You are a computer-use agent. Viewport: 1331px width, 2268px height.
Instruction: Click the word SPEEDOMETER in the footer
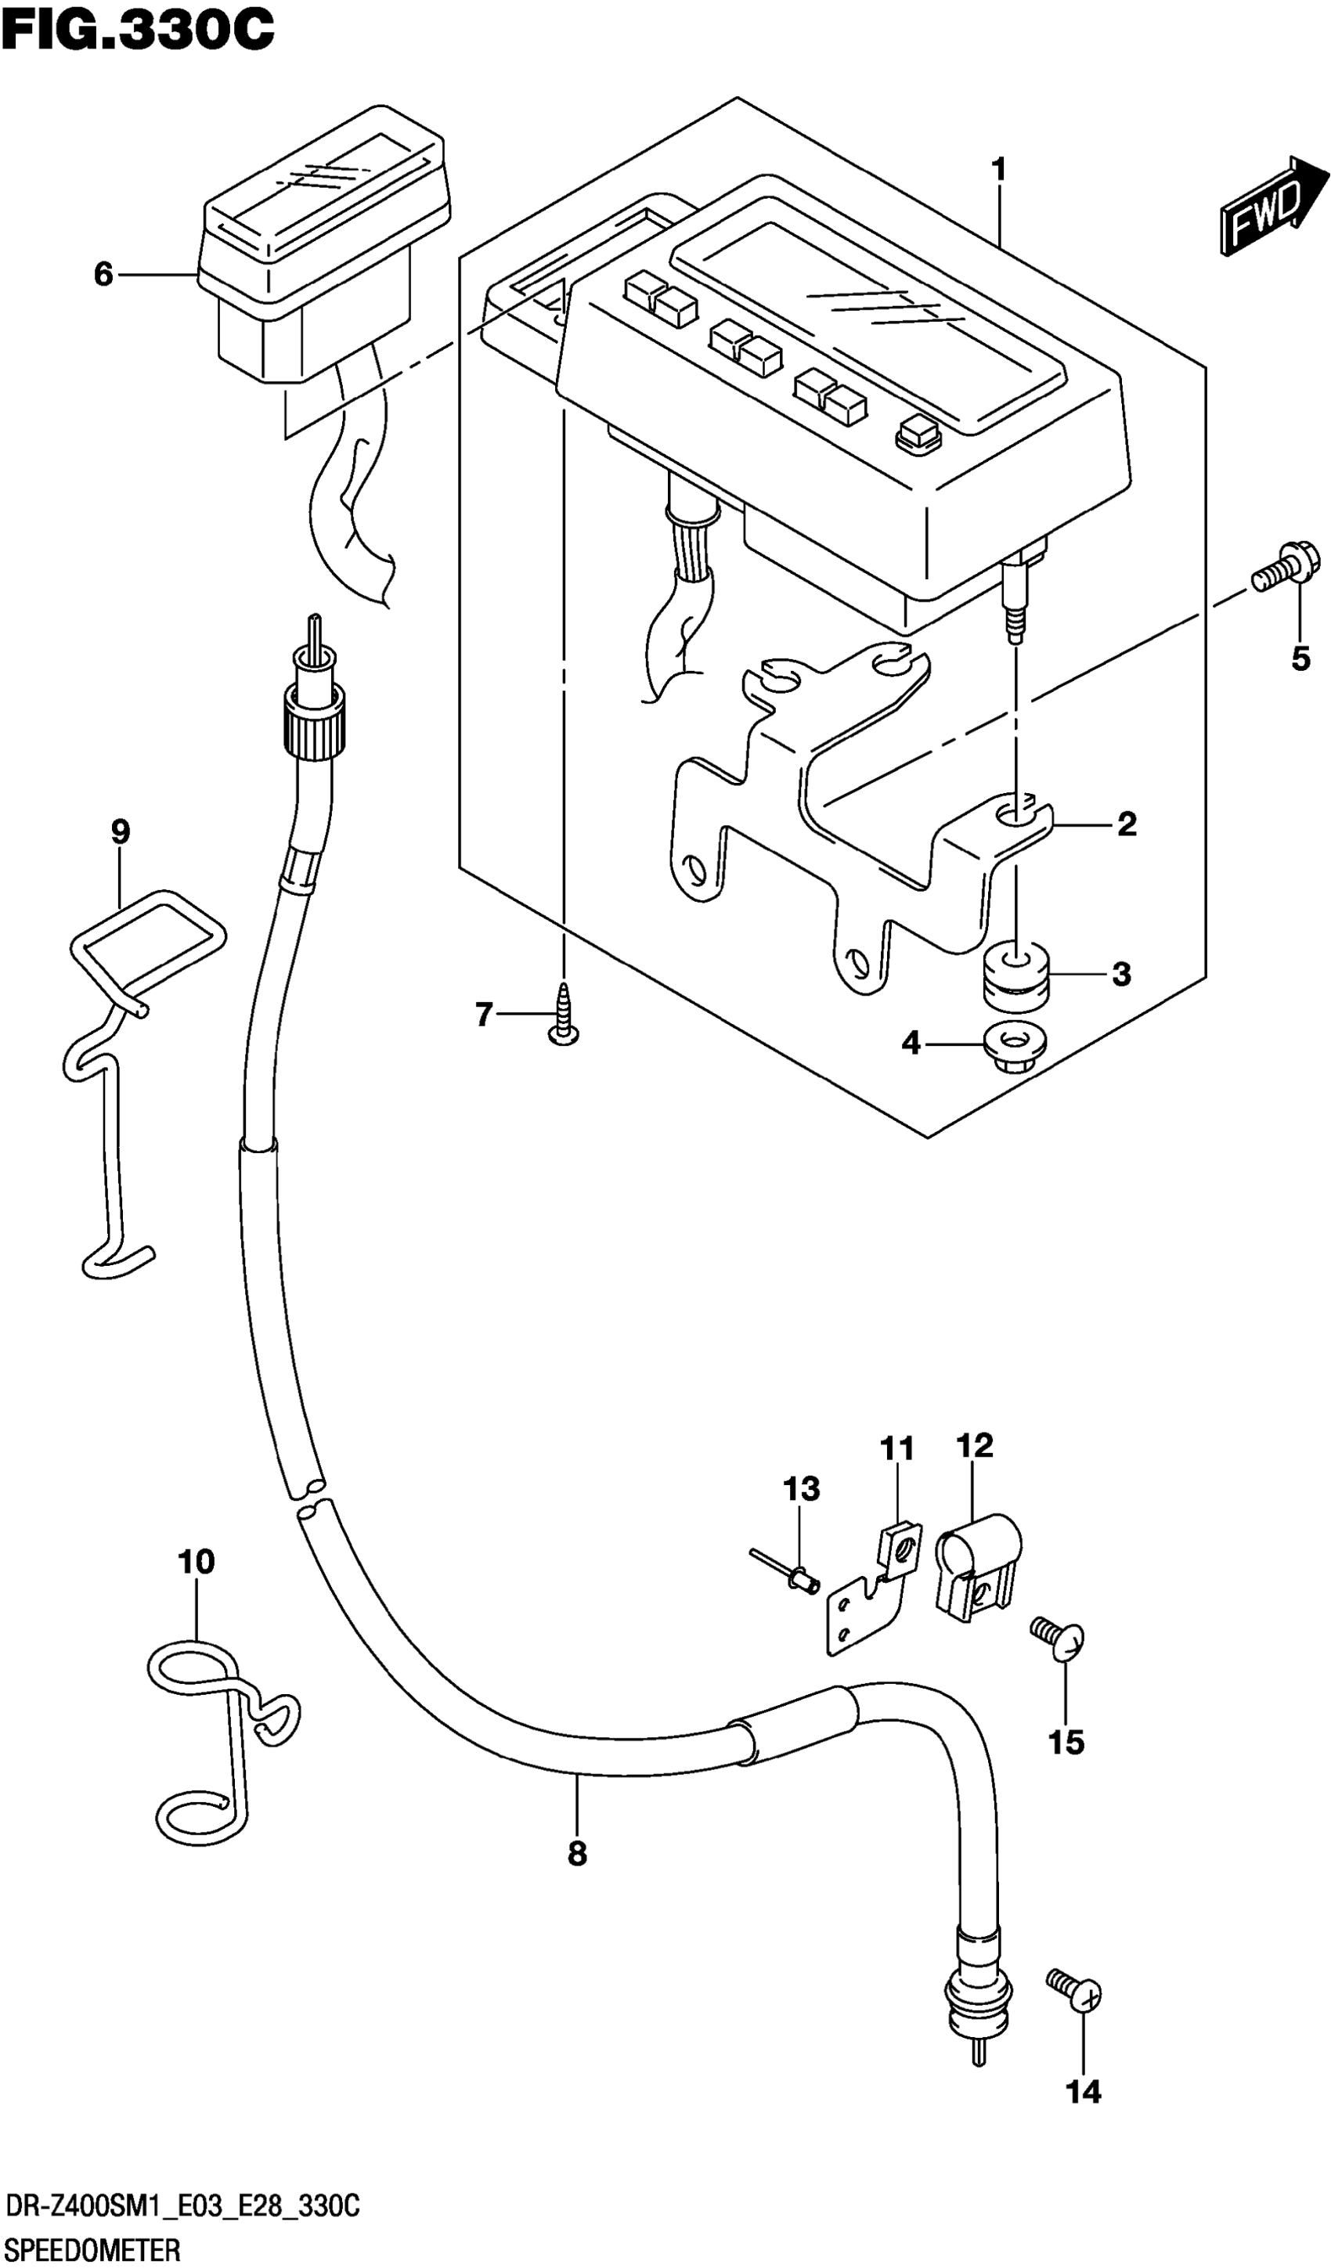coord(92,2248)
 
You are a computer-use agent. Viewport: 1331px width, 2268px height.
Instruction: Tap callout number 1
coord(998,170)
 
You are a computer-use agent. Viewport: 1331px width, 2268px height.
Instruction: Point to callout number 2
coord(1127,824)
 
